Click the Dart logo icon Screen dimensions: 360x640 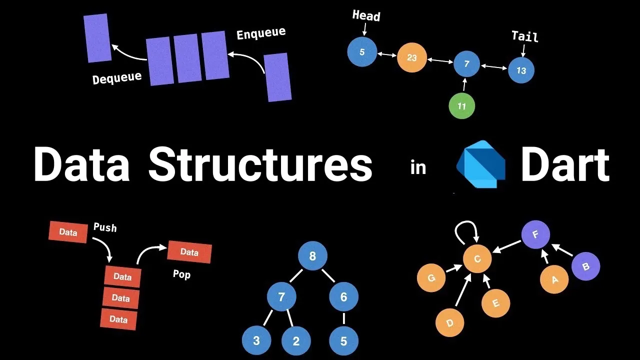coord(480,164)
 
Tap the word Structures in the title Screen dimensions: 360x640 coord(260,164)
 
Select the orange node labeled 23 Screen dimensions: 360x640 coord(411,57)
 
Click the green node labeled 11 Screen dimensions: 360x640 coord(461,106)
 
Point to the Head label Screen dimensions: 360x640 coord(366,15)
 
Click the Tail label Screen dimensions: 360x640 coord(524,36)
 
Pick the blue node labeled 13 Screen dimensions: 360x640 coord(521,70)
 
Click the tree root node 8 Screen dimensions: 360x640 coord(312,256)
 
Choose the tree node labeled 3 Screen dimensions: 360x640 coord(256,341)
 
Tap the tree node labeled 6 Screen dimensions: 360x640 coord(343,297)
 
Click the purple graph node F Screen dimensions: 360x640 coord(535,234)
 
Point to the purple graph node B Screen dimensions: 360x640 coord(585,266)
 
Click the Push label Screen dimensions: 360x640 coord(105,227)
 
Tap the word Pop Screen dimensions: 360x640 coord(181,274)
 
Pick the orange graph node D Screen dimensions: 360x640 coord(449,322)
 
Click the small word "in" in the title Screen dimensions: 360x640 coord(418,167)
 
